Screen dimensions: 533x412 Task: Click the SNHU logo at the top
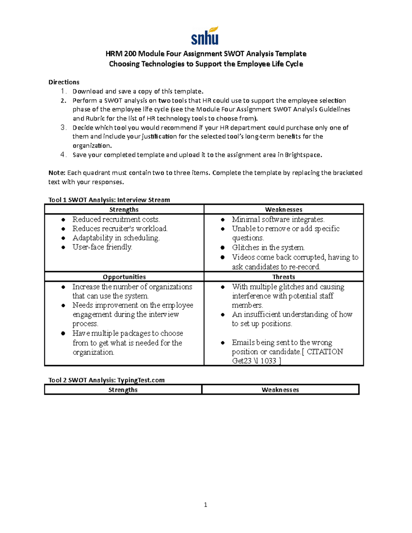205,36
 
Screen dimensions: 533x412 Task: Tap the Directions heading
64,82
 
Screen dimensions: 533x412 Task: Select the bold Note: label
57,173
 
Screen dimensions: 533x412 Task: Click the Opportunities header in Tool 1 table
124,277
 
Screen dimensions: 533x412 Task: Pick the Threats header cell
284,277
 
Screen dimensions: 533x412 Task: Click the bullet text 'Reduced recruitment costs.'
116,219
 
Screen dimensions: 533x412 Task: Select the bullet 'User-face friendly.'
102,247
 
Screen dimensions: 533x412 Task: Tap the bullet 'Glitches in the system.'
268,247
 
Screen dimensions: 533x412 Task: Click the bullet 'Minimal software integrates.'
278,219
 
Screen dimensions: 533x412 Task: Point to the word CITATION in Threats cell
324,351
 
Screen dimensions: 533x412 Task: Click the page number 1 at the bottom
205,505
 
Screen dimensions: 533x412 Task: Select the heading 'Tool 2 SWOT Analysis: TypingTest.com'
106,380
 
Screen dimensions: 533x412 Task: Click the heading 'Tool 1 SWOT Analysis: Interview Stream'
109,200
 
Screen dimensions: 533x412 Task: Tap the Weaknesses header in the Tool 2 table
280,390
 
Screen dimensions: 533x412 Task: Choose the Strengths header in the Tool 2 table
123,390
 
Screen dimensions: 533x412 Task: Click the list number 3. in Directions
63,128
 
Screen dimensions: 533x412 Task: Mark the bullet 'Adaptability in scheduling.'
116,238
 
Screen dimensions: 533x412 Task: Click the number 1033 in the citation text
268,361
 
